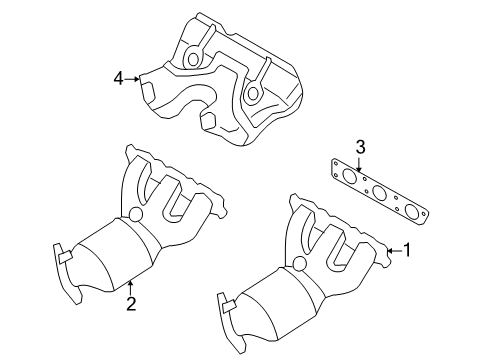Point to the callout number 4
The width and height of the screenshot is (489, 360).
(119, 76)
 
